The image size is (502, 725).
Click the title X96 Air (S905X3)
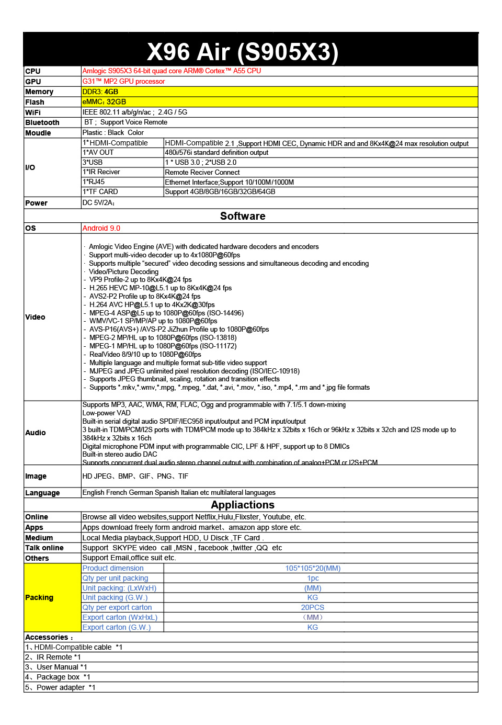[x=243, y=52]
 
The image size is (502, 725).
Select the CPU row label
[x=33, y=71]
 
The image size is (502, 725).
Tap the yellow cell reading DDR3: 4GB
[x=100, y=92]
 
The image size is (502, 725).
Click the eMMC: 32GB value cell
[x=104, y=101]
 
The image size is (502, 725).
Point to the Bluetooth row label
[x=42, y=122]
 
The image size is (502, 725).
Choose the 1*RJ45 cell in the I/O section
[x=94, y=182]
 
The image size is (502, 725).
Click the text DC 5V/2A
[x=98, y=203]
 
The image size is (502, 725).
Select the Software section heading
[x=243, y=216]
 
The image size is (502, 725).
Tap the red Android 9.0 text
[x=101, y=228]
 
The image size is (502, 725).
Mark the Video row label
[x=35, y=317]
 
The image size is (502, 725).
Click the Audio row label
[x=36, y=433]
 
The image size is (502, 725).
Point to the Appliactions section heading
[x=243, y=505]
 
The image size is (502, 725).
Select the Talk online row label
[x=44, y=548]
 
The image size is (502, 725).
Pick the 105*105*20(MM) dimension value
[x=313, y=568]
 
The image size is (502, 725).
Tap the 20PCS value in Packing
[x=313, y=607]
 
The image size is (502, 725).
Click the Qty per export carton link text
[x=117, y=607]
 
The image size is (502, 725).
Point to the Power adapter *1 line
[x=61, y=687]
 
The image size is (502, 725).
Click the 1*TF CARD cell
[x=100, y=192]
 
